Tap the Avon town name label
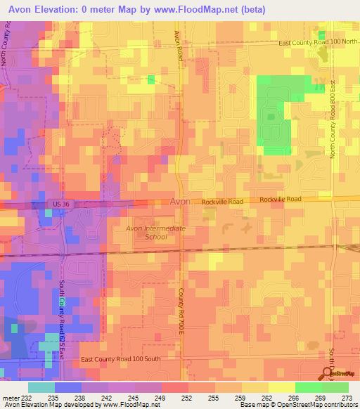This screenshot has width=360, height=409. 179,202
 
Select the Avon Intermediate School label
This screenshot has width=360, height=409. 155,233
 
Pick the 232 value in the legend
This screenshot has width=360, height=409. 27,397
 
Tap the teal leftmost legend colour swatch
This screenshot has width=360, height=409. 41,387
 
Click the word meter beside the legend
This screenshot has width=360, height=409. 10,397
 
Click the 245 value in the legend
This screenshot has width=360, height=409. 134,397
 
